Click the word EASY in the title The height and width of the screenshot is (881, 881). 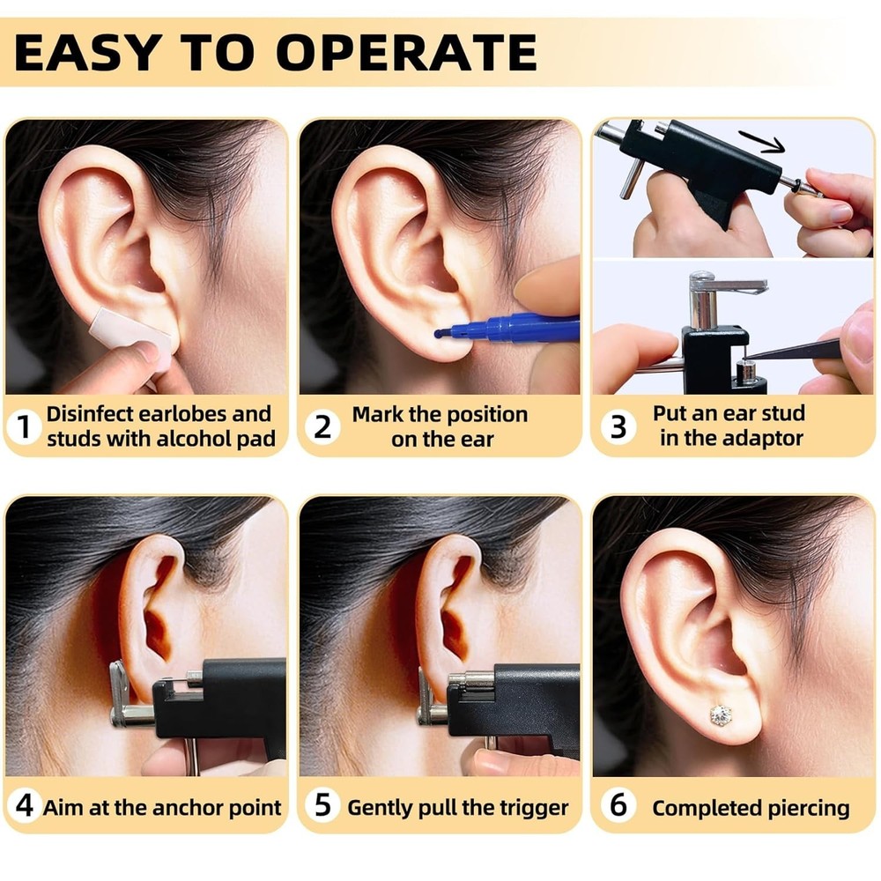[78, 52]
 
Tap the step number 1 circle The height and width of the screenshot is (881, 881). [24, 427]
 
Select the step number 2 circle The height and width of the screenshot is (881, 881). [322, 427]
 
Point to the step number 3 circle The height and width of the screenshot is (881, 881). [618, 427]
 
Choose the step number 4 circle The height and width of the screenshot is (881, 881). [24, 806]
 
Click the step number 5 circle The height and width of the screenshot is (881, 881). [322, 806]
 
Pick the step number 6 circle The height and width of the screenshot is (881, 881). [618, 806]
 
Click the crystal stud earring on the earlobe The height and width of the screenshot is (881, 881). [721, 714]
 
